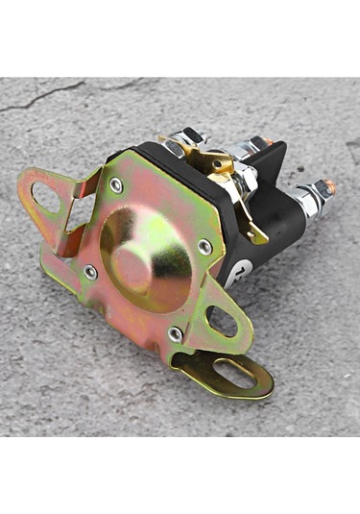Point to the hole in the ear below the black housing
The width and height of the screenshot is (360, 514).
(222, 322)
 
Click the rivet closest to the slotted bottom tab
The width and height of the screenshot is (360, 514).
(175, 332)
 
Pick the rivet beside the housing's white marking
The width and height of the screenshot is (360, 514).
(204, 247)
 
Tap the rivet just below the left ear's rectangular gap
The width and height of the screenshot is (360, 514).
(90, 272)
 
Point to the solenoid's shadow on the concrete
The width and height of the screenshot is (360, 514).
(298, 288)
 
